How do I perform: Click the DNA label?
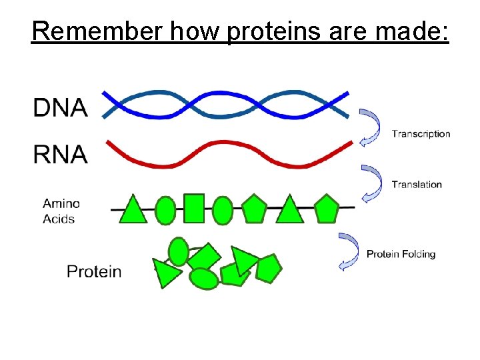pos(60,107)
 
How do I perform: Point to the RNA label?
pos(60,155)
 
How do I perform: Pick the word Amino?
pos(61,204)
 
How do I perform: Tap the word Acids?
pos(59,219)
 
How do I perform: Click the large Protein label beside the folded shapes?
pos(94,271)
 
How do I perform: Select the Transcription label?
pos(421,134)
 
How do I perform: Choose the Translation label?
pos(417,185)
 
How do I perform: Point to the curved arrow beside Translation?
pos(371,183)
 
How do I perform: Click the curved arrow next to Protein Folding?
pos(349,251)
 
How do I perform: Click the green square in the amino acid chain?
pos(194,208)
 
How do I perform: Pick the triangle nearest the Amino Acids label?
pos(133,210)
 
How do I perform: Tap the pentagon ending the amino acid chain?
pos(326,208)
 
